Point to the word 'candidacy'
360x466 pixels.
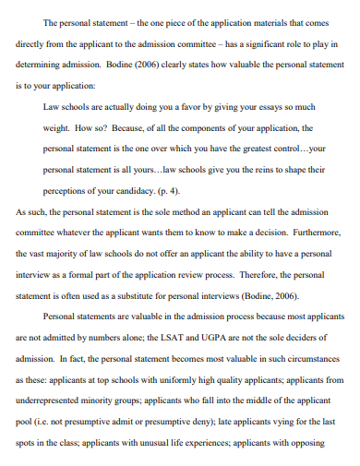(x=117, y=190)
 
